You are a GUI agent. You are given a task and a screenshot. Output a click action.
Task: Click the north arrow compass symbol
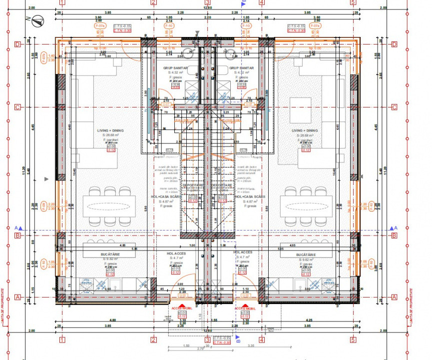(x=37, y=21)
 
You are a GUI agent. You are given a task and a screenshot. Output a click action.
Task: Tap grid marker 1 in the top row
(x=62, y=2)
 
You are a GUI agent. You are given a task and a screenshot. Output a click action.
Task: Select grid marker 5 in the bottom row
(x=354, y=339)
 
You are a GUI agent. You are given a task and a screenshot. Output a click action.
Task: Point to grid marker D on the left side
(x=17, y=44)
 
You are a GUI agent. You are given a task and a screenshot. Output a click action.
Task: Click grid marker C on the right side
(x=394, y=107)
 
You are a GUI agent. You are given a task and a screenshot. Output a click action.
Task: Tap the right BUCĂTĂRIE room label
(x=305, y=254)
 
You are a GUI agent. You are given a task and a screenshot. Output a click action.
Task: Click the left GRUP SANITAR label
(x=174, y=67)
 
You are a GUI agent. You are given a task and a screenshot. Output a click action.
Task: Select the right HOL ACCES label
(x=243, y=252)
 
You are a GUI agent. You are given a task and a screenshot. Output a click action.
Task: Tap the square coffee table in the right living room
(x=301, y=107)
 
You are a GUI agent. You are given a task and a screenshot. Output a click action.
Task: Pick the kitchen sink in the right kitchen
(x=301, y=285)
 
